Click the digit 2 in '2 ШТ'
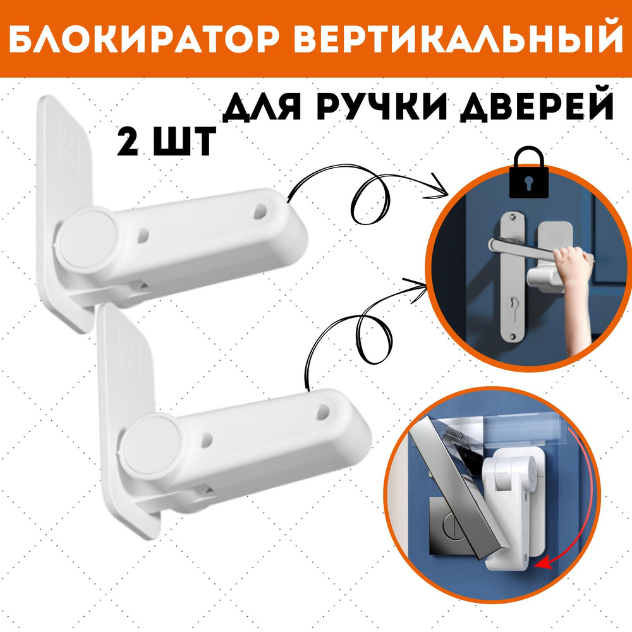[128, 142]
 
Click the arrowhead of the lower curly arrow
[417, 285]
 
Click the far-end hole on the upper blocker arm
[260, 211]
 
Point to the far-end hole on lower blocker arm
[323, 412]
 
